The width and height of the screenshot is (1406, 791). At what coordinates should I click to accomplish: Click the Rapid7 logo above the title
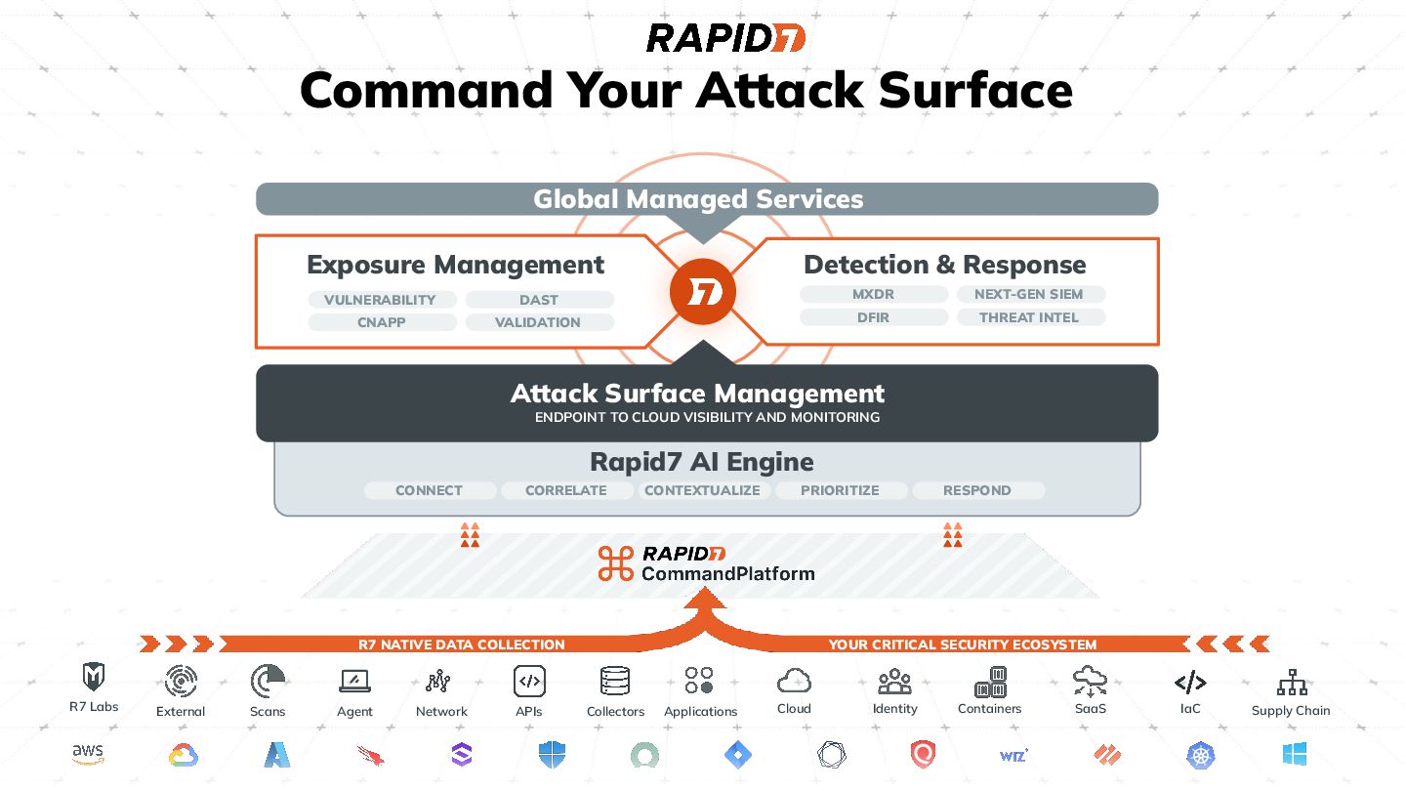click(x=725, y=38)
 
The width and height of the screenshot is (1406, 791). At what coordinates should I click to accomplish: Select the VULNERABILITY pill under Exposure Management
click(x=380, y=300)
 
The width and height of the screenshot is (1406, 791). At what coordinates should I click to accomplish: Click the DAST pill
click(x=539, y=300)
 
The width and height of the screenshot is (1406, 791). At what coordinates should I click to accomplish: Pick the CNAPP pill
click(x=380, y=322)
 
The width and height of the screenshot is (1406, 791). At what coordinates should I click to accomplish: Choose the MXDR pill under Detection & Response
click(x=873, y=294)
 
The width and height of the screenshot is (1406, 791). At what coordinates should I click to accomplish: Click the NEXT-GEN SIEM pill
click(x=1029, y=294)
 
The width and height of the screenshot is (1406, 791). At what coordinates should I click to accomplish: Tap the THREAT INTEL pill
click(x=1029, y=317)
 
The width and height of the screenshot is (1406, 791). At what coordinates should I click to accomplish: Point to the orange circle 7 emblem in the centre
click(x=702, y=292)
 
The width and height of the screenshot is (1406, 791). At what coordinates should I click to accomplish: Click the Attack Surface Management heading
click(x=697, y=394)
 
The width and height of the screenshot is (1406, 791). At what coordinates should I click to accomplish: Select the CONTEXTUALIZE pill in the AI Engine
click(x=702, y=490)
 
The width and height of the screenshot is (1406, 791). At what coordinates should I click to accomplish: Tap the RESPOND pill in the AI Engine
click(x=977, y=490)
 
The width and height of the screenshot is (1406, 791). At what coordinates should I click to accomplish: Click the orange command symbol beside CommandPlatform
click(x=616, y=563)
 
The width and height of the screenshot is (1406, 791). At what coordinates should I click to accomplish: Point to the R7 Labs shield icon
click(x=94, y=677)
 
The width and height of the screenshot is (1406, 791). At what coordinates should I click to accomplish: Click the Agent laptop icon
click(x=354, y=681)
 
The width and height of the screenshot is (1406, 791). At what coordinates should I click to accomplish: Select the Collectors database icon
click(x=615, y=681)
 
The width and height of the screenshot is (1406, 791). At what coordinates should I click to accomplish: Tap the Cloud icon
click(x=794, y=680)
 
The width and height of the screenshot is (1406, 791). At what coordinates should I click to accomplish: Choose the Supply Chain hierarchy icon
click(x=1291, y=682)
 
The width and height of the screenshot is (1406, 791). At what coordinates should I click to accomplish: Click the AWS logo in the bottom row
click(x=88, y=755)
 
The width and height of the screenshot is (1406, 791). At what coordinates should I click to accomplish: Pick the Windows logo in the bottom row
click(x=1294, y=754)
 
